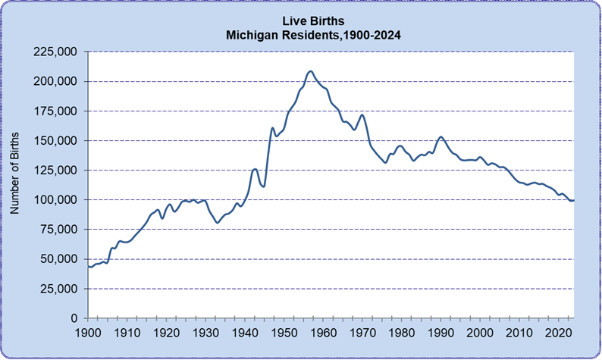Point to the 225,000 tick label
[58, 52]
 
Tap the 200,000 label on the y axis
[58, 82]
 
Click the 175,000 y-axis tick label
[58, 111]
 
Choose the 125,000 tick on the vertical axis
[58, 171]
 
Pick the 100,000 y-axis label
[58, 200]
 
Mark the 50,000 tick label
[61, 259]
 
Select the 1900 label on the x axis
[88, 333]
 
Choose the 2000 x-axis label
[479, 333]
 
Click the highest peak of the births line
[310, 71]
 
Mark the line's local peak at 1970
[362, 114]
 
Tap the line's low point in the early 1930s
[217, 223]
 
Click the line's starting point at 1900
[89, 266]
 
